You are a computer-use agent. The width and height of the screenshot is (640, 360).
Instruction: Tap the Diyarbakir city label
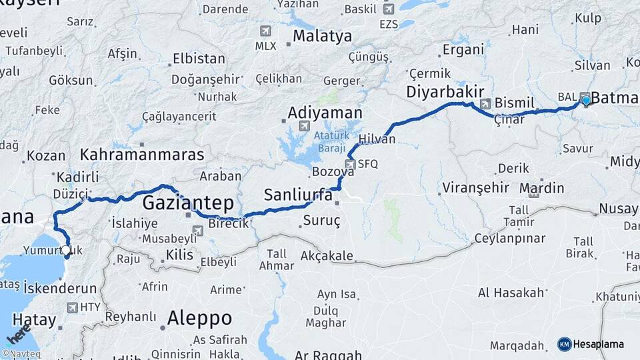[x=445, y=91]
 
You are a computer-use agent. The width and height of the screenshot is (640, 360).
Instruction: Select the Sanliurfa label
[x=298, y=195]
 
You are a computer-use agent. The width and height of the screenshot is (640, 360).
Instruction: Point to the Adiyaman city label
[x=325, y=113]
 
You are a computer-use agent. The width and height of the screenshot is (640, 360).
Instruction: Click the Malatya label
[x=322, y=36]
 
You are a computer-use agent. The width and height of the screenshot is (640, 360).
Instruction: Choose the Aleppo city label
[x=199, y=317]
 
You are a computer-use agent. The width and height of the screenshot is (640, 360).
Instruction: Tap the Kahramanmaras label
[x=142, y=155]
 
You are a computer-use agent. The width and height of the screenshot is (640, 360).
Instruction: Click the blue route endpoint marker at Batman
[x=586, y=101]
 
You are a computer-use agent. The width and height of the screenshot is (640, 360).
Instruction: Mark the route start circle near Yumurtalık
[x=66, y=251]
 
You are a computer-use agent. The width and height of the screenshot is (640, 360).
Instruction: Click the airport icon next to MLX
[x=265, y=31]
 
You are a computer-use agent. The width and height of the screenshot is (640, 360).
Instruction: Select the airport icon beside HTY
[x=72, y=307]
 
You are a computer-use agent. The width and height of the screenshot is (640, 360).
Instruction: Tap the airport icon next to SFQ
[x=349, y=164]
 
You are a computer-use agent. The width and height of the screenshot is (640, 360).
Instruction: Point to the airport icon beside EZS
[x=388, y=9]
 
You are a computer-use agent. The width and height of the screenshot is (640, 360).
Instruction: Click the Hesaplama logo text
[x=598, y=344]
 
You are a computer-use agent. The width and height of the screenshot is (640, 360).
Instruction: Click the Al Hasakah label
[x=511, y=292]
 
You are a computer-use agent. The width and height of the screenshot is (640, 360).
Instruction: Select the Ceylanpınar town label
[x=510, y=238]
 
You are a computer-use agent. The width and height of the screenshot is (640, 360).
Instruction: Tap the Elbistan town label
[x=199, y=59]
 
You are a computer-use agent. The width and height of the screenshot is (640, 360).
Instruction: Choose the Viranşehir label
[x=476, y=187]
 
